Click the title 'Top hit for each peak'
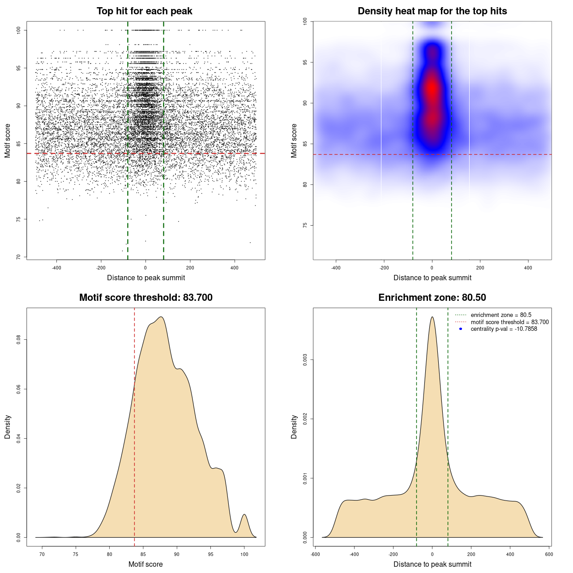tap(144, 11)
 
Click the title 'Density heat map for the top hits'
tap(432, 11)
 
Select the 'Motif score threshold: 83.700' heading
tap(145, 298)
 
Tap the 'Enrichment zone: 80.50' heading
tap(432, 298)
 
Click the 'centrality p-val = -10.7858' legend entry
tap(504, 329)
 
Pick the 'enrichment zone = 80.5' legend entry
tap(501, 315)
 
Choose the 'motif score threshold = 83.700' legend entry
tap(509, 322)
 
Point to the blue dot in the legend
tap(461, 329)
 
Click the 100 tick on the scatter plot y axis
tap(19, 30)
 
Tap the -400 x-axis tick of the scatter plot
tap(56, 268)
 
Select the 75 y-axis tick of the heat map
tap(305, 225)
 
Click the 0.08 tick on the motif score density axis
tap(19, 340)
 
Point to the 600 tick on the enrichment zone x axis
tap(549, 554)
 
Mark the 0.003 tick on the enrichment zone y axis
tap(305, 360)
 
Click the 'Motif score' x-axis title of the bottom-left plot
tap(145, 564)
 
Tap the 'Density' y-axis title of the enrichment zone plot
tap(294, 427)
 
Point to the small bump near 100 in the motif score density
tap(244, 515)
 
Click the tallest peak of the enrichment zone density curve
tap(432, 317)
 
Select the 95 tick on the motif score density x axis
tap(210, 554)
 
